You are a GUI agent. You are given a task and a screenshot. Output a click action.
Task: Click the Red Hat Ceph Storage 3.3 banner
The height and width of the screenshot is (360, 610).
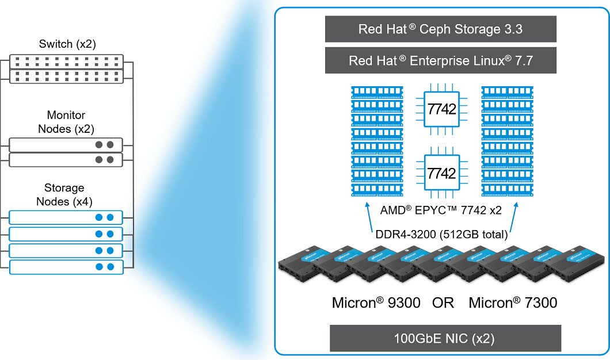click(x=440, y=29)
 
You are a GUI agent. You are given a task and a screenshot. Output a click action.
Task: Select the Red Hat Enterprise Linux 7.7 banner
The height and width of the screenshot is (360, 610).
click(x=440, y=60)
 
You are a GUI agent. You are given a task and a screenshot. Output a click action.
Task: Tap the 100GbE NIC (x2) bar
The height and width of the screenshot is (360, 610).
click(x=445, y=338)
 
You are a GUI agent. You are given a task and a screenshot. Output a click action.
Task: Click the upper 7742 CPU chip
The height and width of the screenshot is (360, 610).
click(x=441, y=109)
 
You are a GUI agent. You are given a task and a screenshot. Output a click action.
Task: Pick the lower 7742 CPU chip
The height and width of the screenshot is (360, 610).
click(x=441, y=173)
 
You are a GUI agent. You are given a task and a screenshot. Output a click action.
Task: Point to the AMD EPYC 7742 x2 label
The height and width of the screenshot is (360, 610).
click(x=441, y=210)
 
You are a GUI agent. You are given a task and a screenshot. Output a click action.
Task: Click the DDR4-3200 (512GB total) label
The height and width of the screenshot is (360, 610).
click(x=440, y=235)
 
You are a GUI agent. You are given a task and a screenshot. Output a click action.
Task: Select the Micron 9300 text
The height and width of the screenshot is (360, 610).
click(x=376, y=302)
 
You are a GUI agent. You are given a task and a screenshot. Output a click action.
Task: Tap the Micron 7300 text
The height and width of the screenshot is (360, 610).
click(x=513, y=302)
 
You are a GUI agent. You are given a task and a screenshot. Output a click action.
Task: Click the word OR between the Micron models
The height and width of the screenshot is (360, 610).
click(x=443, y=302)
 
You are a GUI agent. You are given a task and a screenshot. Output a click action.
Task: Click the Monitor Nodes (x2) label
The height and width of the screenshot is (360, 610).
click(x=66, y=122)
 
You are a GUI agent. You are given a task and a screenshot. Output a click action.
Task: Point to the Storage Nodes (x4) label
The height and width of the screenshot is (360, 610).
click(x=64, y=195)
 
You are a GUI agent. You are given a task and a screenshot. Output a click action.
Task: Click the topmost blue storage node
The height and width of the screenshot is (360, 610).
click(x=66, y=217)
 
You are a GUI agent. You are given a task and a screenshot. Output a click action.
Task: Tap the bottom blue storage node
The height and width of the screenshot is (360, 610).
click(x=66, y=267)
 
